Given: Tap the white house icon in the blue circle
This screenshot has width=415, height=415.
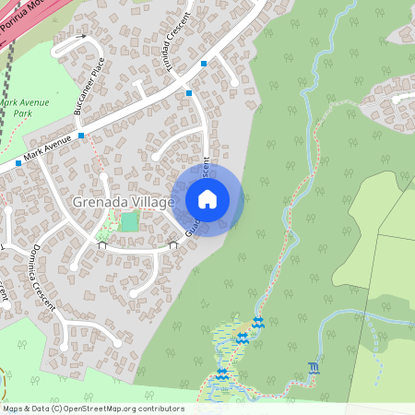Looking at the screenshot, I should pyautogui.click(x=207, y=198).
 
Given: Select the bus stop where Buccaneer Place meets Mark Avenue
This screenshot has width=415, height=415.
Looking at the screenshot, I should pyautogui.click(x=81, y=136).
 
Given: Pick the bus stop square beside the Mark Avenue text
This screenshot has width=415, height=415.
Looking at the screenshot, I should pyautogui.click(x=18, y=163).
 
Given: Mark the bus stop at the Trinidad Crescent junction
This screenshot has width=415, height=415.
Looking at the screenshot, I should pyautogui.click(x=188, y=92).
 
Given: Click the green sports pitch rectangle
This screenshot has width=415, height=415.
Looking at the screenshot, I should pyautogui.click(x=129, y=221).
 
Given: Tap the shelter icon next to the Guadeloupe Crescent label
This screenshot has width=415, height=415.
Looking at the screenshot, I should pyautogui.click(x=172, y=245).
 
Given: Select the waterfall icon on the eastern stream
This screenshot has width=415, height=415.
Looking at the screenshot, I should pyautogui.click(x=314, y=369).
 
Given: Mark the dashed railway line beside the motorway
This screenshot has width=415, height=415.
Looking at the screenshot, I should pyautogui.click(x=8, y=65).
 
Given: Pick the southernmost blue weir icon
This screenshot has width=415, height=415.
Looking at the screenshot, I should pyautogui.click(x=221, y=374).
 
